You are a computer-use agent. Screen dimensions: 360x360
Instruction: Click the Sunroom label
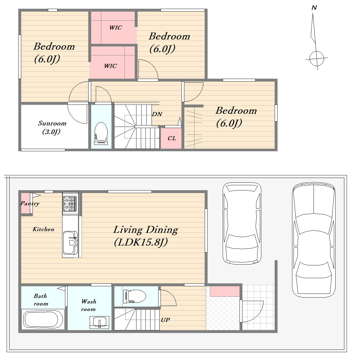[52, 123]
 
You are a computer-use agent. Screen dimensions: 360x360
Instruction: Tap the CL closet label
[172, 138]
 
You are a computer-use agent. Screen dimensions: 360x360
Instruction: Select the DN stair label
[157, 114]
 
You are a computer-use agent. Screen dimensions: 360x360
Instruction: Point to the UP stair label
[165, 320]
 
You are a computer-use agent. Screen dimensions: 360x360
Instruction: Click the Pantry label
[30, 204]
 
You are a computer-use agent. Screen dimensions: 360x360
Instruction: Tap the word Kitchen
[43, 229]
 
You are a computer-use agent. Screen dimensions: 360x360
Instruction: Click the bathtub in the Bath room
[43, 319]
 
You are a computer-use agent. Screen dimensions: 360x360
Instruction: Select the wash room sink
[99, 322]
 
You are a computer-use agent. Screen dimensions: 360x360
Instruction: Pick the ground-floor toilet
[134, 296]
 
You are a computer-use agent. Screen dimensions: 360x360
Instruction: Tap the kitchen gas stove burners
[70, 203]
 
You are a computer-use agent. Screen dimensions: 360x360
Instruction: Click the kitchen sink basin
[70, 243]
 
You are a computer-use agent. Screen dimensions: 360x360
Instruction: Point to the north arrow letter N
[314, 8]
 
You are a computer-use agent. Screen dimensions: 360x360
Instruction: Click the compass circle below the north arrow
[316, 58]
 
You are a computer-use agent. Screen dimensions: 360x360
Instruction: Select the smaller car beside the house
[242, 223]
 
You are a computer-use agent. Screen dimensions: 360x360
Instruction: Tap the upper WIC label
[116, 28]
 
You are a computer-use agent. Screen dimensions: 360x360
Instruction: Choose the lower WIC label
[110, 66]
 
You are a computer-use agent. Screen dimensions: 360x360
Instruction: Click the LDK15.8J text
[141, 242]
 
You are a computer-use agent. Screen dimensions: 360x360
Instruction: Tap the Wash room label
[89, 305]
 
